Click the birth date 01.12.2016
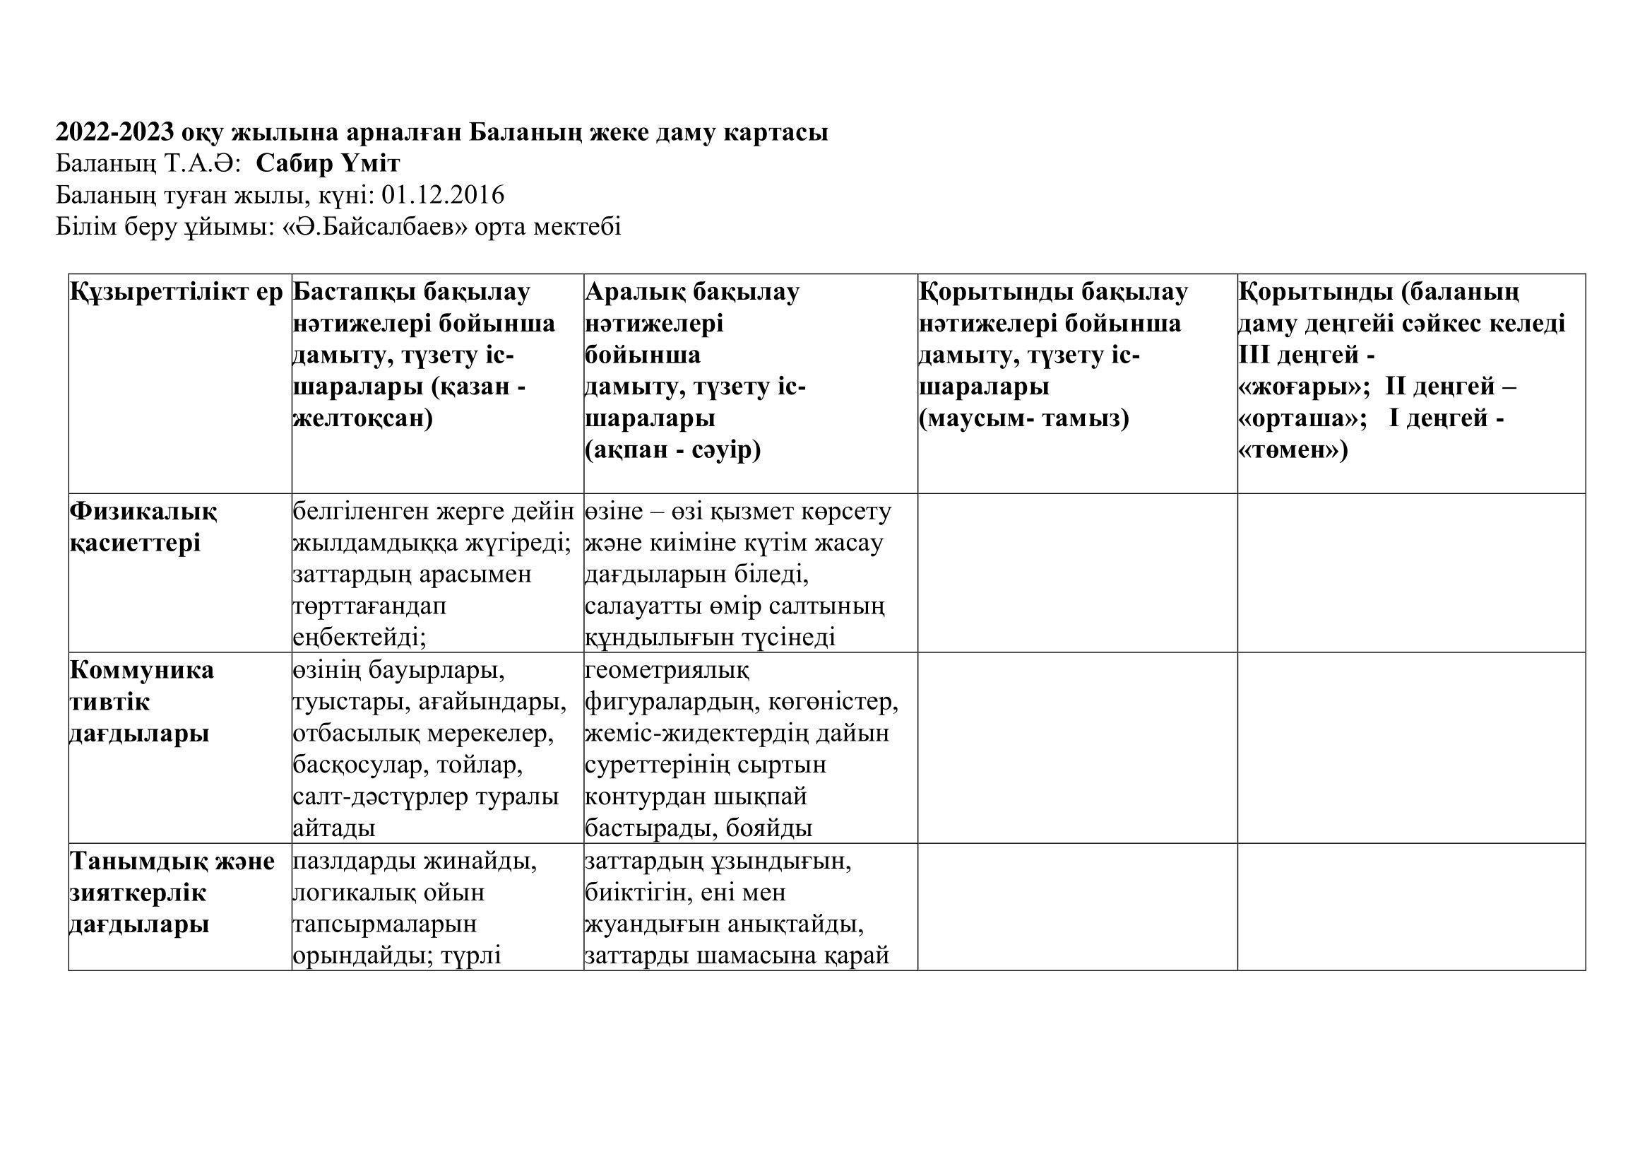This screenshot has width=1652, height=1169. (x=444, y=195)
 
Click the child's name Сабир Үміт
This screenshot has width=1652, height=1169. (x=328, y=164)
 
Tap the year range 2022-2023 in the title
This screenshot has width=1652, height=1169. (x=115, y=132)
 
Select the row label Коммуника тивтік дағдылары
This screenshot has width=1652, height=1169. (x=141, y=702)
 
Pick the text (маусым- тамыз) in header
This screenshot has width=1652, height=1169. (x=1024, y=418)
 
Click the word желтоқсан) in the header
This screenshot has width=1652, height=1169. (x=362, y=418)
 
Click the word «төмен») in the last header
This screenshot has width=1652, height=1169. (x=1293, y=450)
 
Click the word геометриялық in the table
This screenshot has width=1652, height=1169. (x=667, y=670)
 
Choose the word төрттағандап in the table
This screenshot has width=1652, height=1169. (x=369, y=606)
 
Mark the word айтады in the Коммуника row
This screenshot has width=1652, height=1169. (x=334, y=828)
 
